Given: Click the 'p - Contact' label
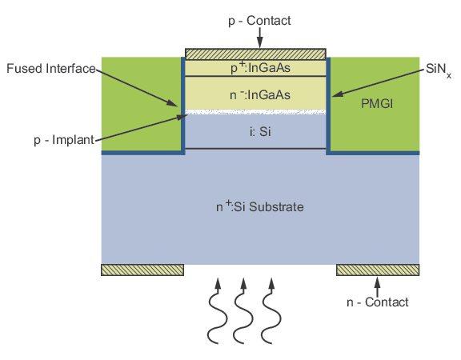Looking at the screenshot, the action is coord(259,21).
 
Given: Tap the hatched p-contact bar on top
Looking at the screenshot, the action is coord(255,54).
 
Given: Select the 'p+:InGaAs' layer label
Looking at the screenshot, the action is coord(260,68).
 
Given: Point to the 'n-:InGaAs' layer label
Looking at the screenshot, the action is coord(260,95).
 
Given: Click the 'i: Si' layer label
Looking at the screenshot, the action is coord(260,131).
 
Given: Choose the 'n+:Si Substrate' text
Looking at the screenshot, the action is coord(260,206).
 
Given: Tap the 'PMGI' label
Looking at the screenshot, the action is coord(377,104).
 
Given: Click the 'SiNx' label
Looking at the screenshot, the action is coord(439,70).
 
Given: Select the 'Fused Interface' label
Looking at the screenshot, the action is coord(51,69).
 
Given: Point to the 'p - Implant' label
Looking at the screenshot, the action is coord(64,140).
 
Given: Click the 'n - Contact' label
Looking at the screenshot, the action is coord(378,302).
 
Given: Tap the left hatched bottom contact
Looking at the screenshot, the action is coord(142,270).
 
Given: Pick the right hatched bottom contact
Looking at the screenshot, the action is coord(378,270).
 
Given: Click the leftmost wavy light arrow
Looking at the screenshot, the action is coord(218,311).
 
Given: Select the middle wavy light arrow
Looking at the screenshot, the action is coord(243,311).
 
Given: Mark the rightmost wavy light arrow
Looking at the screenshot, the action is coord(271,311).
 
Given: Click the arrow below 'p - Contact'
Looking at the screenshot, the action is coord(259,38).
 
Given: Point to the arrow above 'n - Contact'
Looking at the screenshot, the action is coord(378,287).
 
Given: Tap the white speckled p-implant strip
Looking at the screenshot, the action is coord(255,112).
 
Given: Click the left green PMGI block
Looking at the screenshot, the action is coord(141,104).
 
